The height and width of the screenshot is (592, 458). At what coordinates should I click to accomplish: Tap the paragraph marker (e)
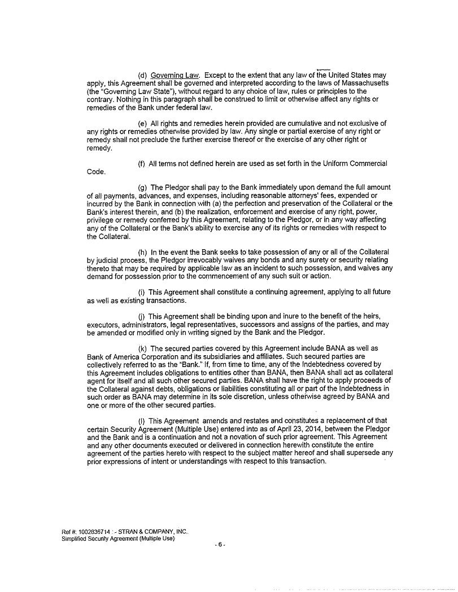(142, 123)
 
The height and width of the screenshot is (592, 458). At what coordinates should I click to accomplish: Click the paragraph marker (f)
(142, 164)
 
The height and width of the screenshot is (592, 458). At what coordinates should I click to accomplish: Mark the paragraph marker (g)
(142, 187)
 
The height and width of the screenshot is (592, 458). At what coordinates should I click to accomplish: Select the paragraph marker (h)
(142, 251)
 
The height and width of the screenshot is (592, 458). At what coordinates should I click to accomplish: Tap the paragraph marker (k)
(142, 348)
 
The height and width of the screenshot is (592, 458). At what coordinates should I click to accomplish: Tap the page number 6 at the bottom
(221, 545)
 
